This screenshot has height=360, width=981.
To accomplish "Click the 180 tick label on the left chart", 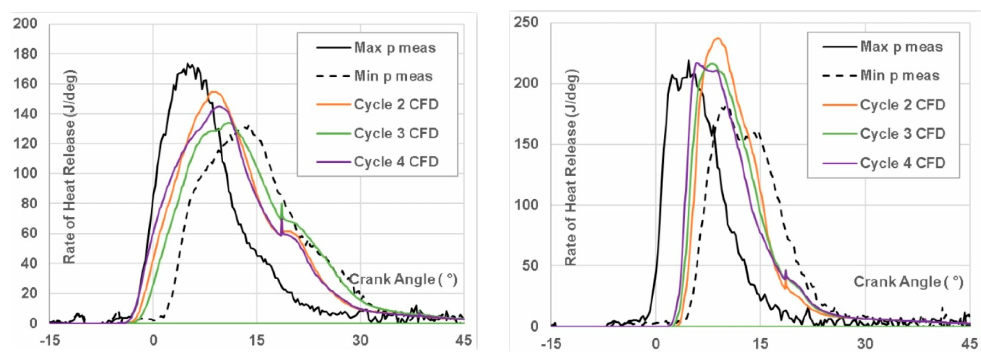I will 25,54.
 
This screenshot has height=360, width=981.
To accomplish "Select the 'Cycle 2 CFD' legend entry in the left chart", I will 396,104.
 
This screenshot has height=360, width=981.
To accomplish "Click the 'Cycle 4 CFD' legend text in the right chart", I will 903,163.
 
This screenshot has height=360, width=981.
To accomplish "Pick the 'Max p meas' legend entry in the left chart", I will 395,48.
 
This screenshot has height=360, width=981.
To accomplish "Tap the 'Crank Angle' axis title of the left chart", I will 403,279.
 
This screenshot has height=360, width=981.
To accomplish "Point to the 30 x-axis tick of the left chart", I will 360,340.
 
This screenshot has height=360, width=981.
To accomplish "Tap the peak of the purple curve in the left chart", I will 219,107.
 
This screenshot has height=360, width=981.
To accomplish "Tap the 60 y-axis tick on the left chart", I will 29,233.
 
